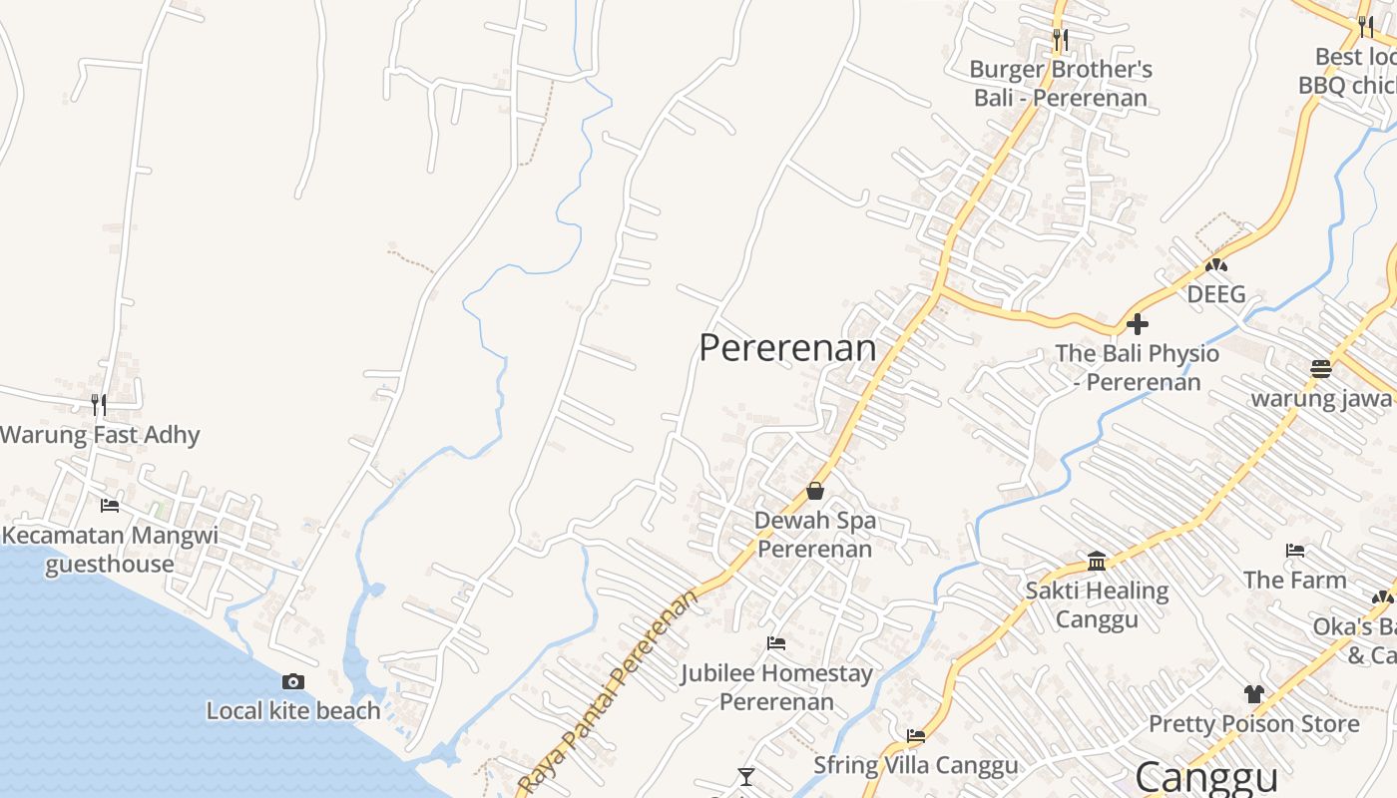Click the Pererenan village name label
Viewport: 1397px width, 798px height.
787,348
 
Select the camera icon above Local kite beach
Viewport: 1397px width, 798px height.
293,682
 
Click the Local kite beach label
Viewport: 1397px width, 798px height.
293,711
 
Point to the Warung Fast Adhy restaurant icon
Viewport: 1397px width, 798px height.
99,404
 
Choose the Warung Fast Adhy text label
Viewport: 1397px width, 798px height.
100,435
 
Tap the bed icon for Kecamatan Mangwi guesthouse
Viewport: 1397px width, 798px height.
110,506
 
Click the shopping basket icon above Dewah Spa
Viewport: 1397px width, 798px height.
815,491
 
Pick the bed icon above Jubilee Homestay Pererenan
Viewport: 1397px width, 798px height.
776,643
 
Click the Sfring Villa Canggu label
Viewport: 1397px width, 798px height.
915,766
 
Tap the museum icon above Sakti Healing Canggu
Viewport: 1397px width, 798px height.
1097,562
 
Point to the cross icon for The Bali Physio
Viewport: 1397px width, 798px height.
1137,324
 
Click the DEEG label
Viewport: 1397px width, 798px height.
1215,294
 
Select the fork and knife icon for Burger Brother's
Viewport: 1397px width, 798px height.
1061,40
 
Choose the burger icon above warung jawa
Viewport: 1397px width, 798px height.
1321,369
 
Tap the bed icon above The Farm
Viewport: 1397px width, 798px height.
1295,550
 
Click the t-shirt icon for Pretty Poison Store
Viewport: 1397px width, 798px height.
1254,694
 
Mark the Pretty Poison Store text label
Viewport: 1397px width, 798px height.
1254,723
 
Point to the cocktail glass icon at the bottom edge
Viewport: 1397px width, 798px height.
745,776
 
